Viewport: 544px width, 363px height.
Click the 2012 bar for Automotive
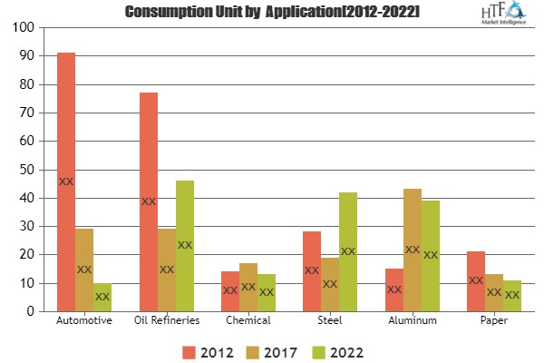pos(66,181)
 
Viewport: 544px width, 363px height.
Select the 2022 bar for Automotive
pos(102,297)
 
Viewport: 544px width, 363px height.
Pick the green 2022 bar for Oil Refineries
pos(185,246)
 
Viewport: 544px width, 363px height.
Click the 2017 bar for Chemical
pos(248,287)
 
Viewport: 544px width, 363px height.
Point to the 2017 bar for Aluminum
pos(412,250)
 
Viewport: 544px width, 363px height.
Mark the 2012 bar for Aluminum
pos(393,289)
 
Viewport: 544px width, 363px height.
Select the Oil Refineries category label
pos(167,321)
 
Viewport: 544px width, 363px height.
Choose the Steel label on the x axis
pos(330,321)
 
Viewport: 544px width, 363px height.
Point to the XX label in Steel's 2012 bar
pos(312,270)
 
